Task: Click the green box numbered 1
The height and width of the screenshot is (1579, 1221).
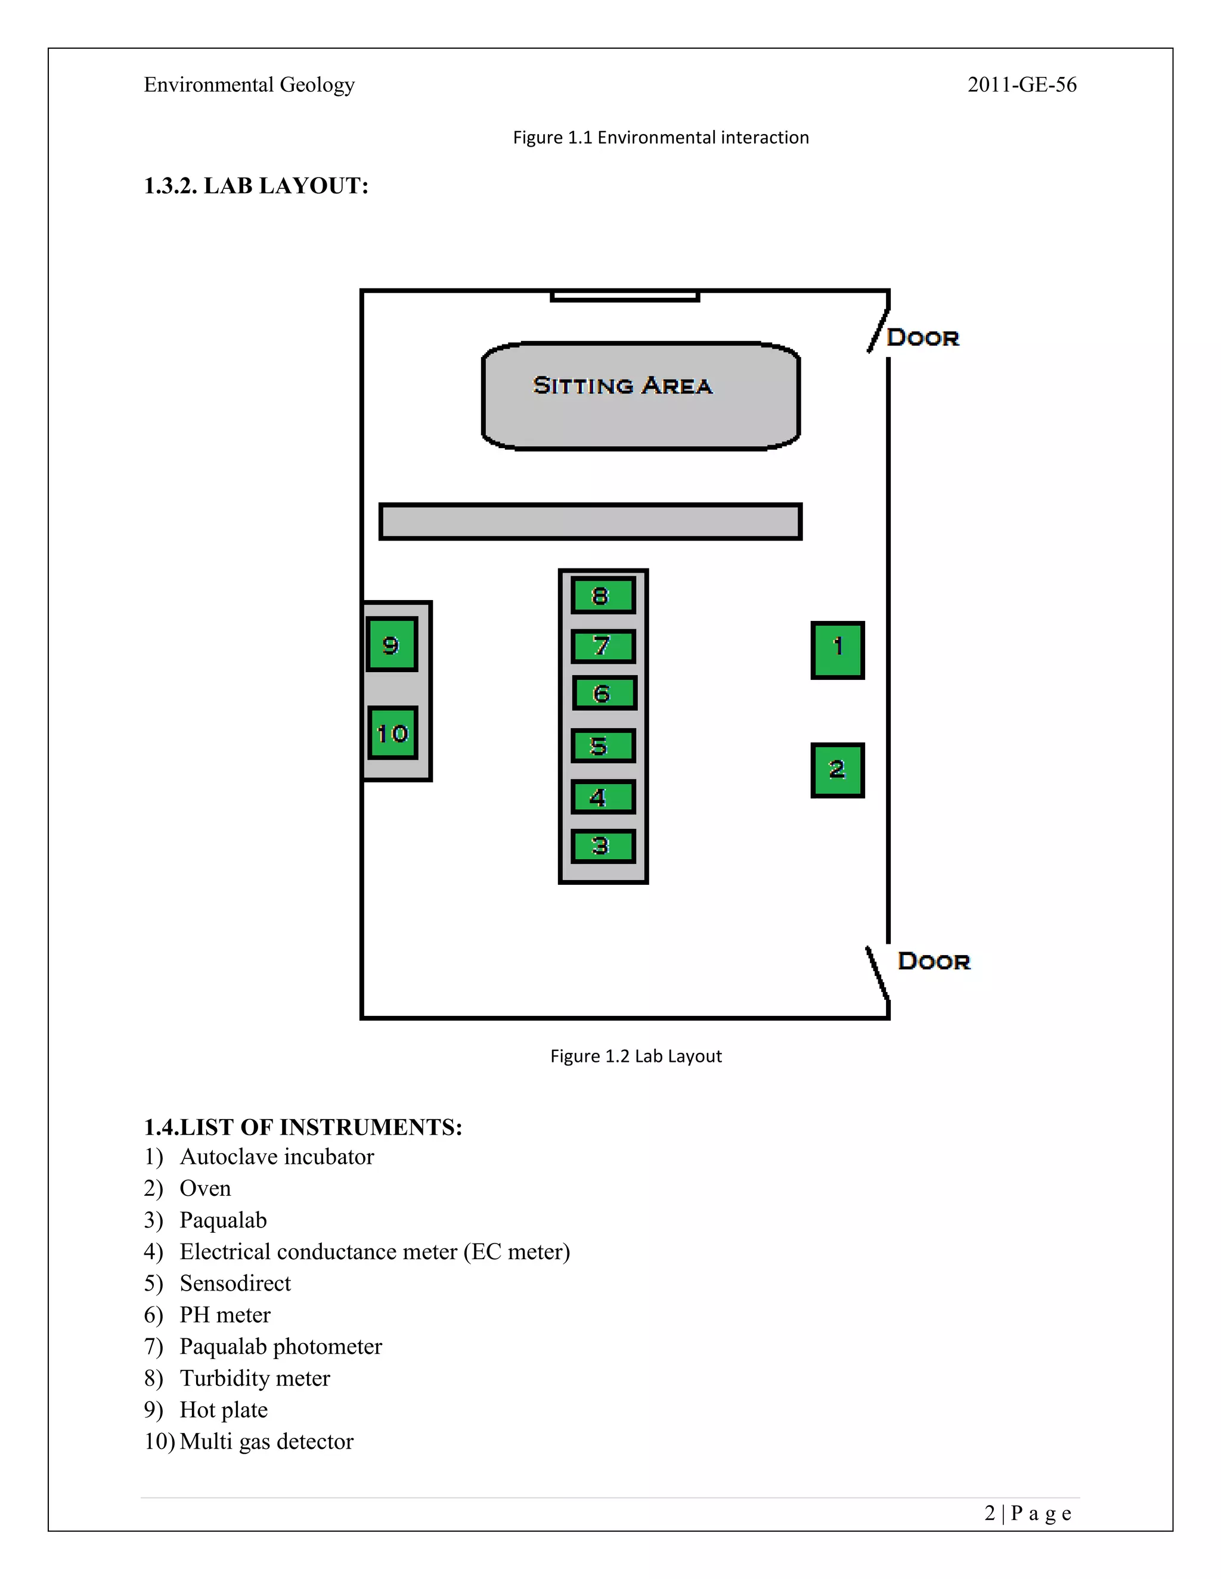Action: click(838, 650)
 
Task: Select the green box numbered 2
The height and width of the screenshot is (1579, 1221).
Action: click(838, 770)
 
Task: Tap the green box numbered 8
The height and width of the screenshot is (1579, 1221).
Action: click(603, 595)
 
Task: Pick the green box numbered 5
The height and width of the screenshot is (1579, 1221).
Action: click(603, 745)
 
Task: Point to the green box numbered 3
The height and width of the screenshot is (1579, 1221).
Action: click(603, 846)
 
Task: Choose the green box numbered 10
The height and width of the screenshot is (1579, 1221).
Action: click(393, 733)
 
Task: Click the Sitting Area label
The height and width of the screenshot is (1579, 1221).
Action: click(623, 386)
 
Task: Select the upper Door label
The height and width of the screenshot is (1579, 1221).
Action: click(923, 338)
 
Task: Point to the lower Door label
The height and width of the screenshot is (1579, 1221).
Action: click(934, 961)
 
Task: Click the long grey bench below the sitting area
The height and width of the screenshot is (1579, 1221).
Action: click(590, 521)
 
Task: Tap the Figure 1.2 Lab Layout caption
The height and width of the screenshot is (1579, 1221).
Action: click(636, 1056)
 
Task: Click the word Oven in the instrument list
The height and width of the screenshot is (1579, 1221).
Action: click(206, 1188)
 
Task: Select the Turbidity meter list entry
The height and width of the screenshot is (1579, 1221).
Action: click(255, 1378)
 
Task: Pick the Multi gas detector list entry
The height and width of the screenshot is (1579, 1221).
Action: click(266, 1441)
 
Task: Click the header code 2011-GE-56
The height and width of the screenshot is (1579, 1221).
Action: click(1022, 85)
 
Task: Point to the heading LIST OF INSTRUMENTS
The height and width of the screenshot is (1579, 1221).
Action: click(303, 1127)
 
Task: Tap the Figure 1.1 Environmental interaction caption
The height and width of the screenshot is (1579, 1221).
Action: click(661, 138)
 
